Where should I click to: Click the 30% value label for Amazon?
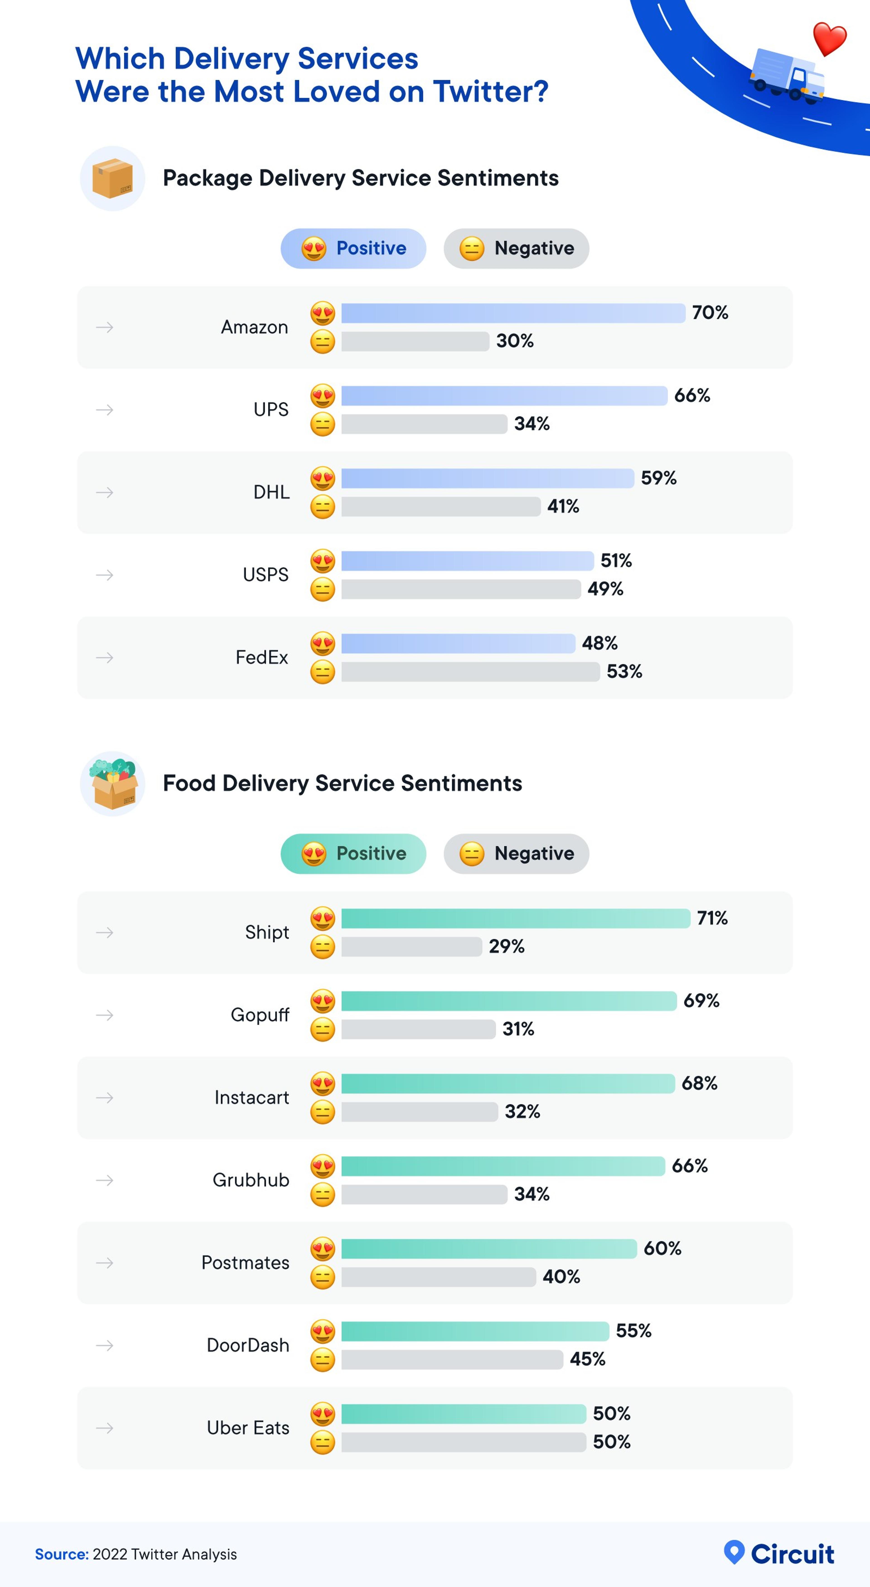[515, 341]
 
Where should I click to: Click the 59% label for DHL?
[659, 478]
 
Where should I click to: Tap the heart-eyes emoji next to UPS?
[322, 396]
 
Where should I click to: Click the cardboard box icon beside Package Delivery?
[112, 179]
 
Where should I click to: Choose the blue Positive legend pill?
[353, 248]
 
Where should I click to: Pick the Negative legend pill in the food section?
[516, 853]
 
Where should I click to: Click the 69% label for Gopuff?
[701, 1000]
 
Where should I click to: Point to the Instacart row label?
[251, 1097]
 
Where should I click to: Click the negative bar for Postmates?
[438, 1276]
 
